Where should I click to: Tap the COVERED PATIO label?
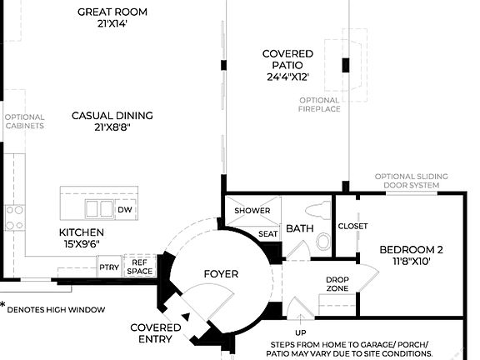pyautogui.click(x=287, y=65)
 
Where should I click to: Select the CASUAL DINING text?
pyautogui.click(x=112, y=122)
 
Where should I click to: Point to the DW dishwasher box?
pyautogui.click(x=125, y=209)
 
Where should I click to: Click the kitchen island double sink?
pyautogui.click(x=97, y=208)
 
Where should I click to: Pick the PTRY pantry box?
pyautogui.click(x=109, y=267)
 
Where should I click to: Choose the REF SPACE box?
pyautogui.click(x=138, y=266)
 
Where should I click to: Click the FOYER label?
pyautogui.click(x=221, y=273)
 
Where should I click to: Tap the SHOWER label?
pyautogui.click(x=252, y=211)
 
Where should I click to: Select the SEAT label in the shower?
pyautogui.click(x=267, y=234)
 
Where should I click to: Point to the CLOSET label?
pyautogui.click(x=352, y=226)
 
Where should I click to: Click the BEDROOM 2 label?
pyautogui.click(x=411, y=255)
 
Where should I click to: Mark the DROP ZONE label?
pyautogui.click(x=337, y=284)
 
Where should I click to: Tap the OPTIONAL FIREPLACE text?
pyautogui.click(x=319, y=104)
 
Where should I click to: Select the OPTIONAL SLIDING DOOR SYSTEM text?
pyautogui.click(x=411, y=181)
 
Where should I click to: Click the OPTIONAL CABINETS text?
pyautogui.click(x=23, y=122)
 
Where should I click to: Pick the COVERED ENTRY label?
pyautogui.click(x=155, y=333)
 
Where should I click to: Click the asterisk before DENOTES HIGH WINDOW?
pyautogui.click(x=3, y=305)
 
